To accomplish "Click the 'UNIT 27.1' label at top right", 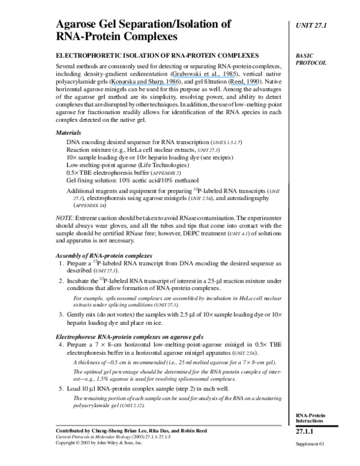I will pos(314,25).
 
